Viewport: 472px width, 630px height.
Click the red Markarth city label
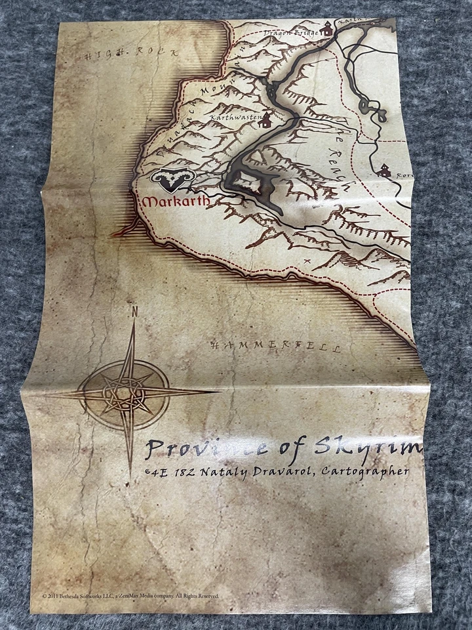(174, 201)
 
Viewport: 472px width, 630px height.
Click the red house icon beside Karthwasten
(265, 120)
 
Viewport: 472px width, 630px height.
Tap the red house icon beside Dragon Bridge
(326, 28)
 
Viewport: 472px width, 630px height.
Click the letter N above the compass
(134, 312)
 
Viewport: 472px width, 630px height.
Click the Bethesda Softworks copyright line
(131, 596)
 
